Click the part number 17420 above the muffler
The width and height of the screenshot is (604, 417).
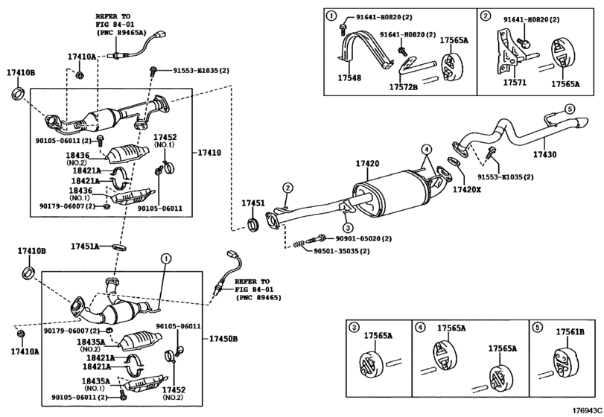366,163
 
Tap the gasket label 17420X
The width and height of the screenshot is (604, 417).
467,191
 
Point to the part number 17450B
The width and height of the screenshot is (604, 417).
223,339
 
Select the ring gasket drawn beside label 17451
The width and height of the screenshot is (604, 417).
254,223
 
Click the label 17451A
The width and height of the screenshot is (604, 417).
85,246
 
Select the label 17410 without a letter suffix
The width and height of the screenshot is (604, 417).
209,153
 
